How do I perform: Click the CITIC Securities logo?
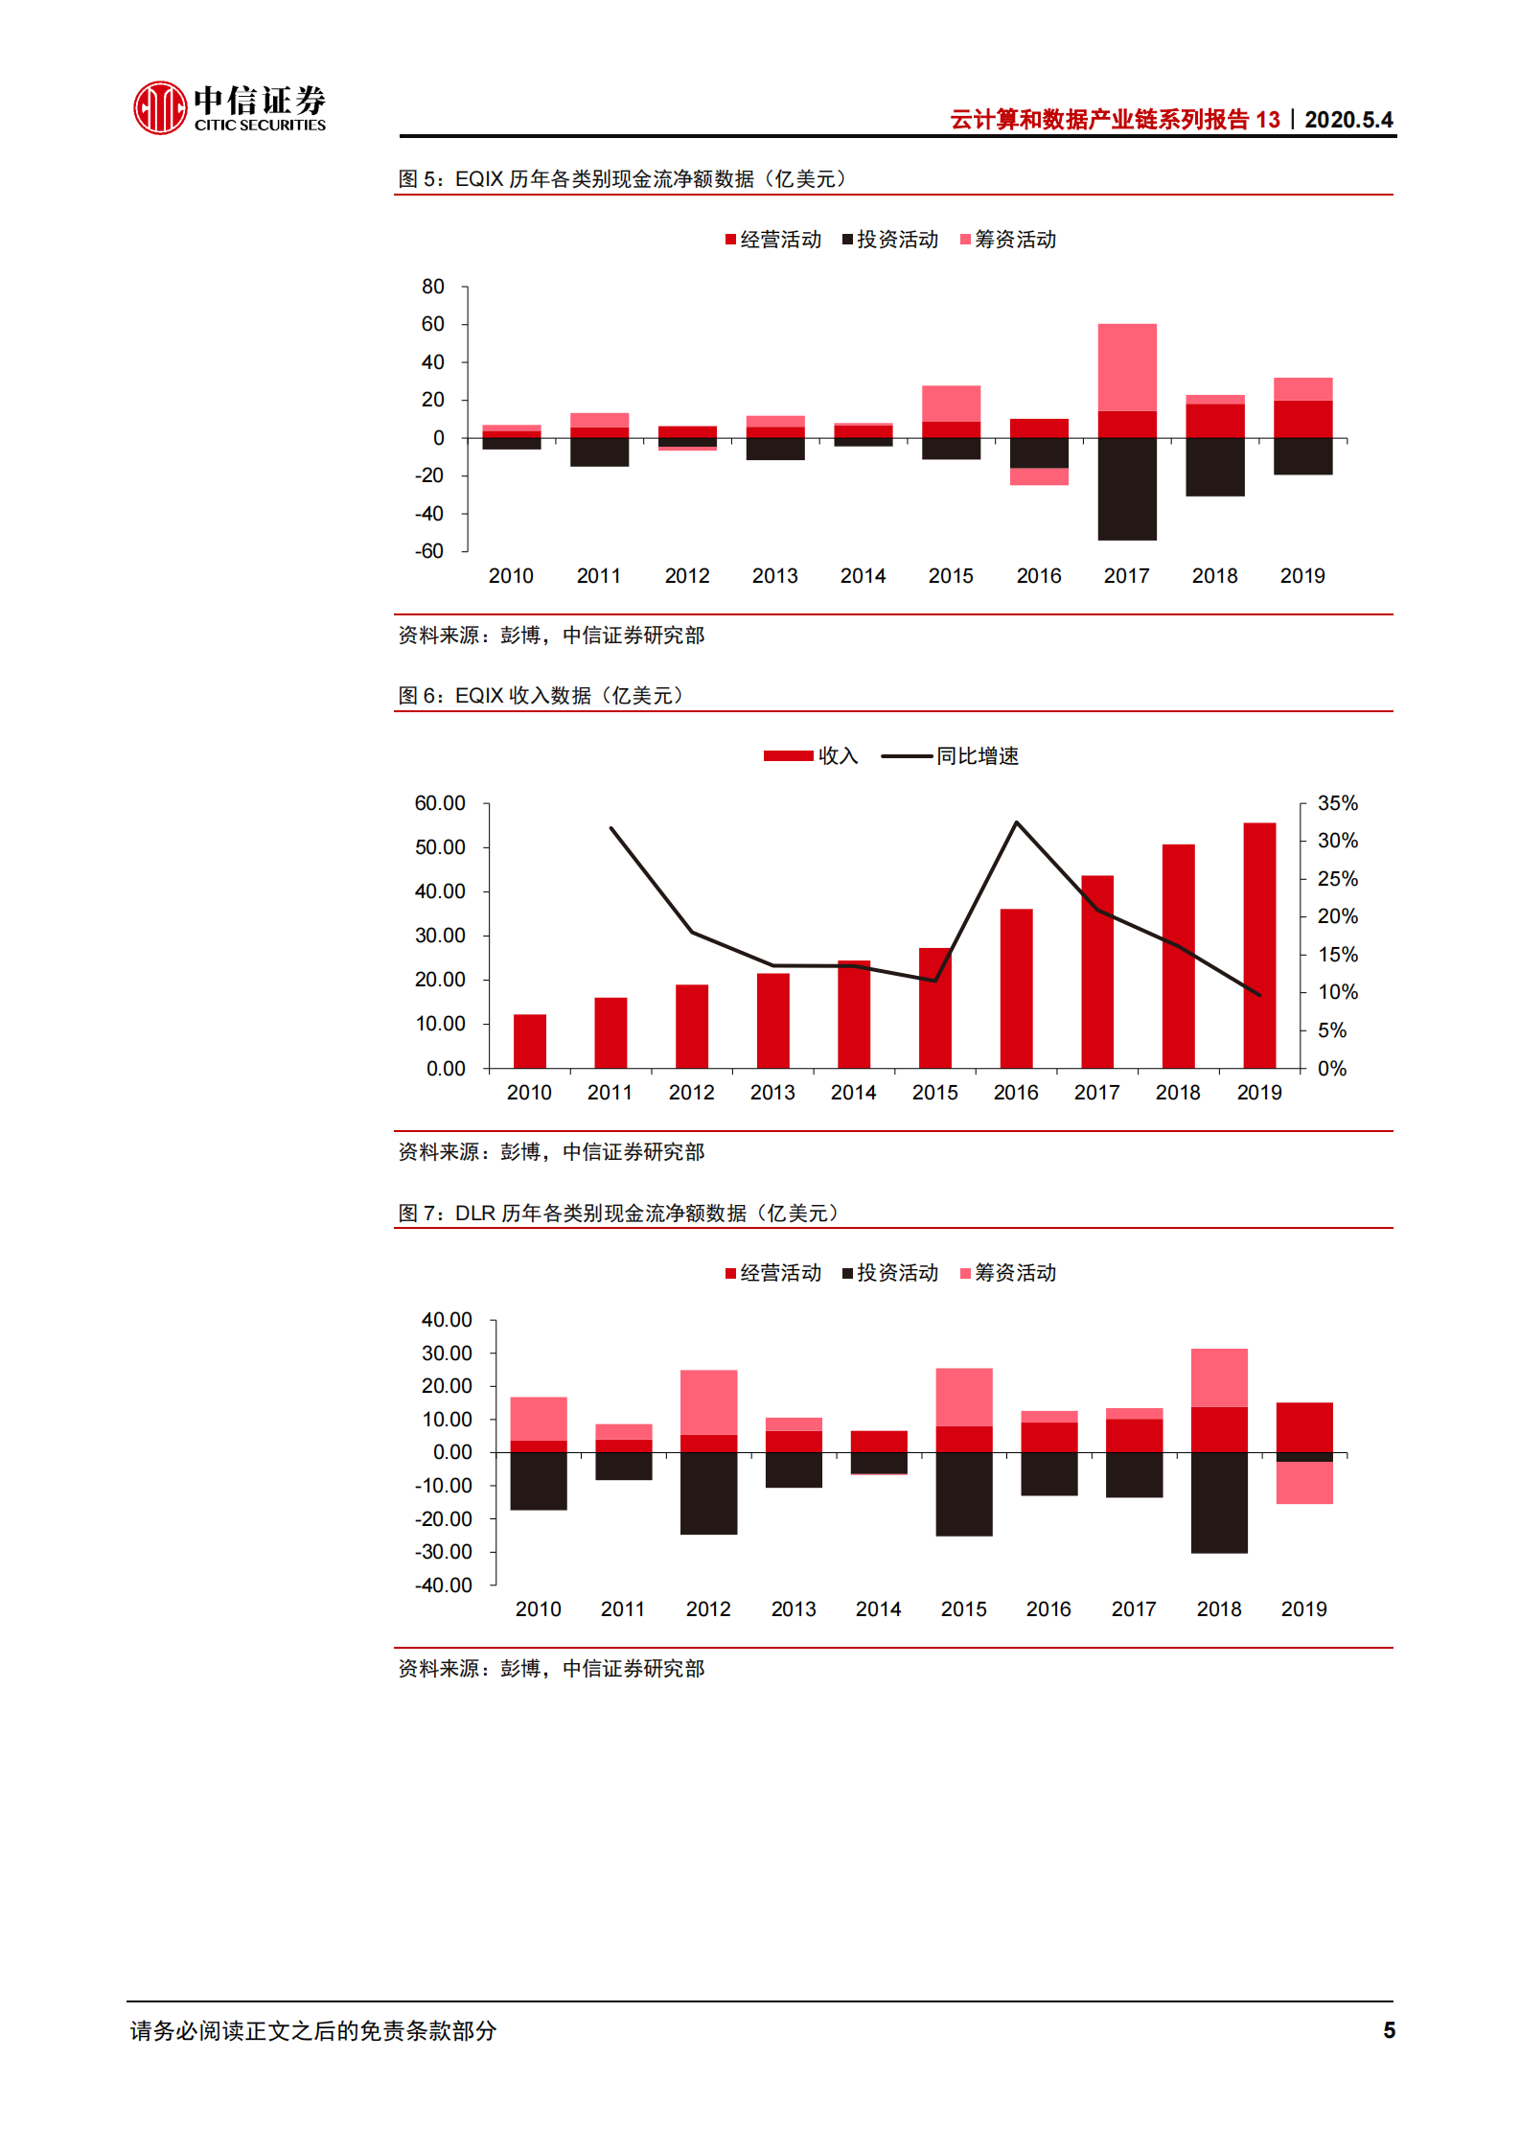tap(229, 107)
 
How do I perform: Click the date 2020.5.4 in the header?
tap(1347, 120)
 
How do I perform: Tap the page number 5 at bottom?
tap(1389, 2029)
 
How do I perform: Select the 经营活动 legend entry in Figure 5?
tap(773, 240)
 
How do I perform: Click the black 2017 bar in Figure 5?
tap(1126, 489)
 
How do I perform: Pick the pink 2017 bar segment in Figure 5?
tap(1126, 367)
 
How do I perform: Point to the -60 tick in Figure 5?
tap(429, 551)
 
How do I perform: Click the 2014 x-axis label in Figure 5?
tap(863, 576)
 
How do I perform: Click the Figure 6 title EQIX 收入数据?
tap(541, 695)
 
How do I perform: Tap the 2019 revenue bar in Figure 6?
tap(1259, 944)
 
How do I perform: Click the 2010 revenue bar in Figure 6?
tap(529, 1041)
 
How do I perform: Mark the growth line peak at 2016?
tap(1016, 823)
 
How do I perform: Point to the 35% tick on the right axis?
tap(1337, 803)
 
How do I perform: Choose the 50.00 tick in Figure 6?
tap(440, 847)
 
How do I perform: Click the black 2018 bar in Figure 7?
tap(1218, 1502)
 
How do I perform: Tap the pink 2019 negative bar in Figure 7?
tap(1303, 1483)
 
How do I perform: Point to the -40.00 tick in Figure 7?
tap(444, 1585)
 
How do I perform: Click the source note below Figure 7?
tap(551, 1669)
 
